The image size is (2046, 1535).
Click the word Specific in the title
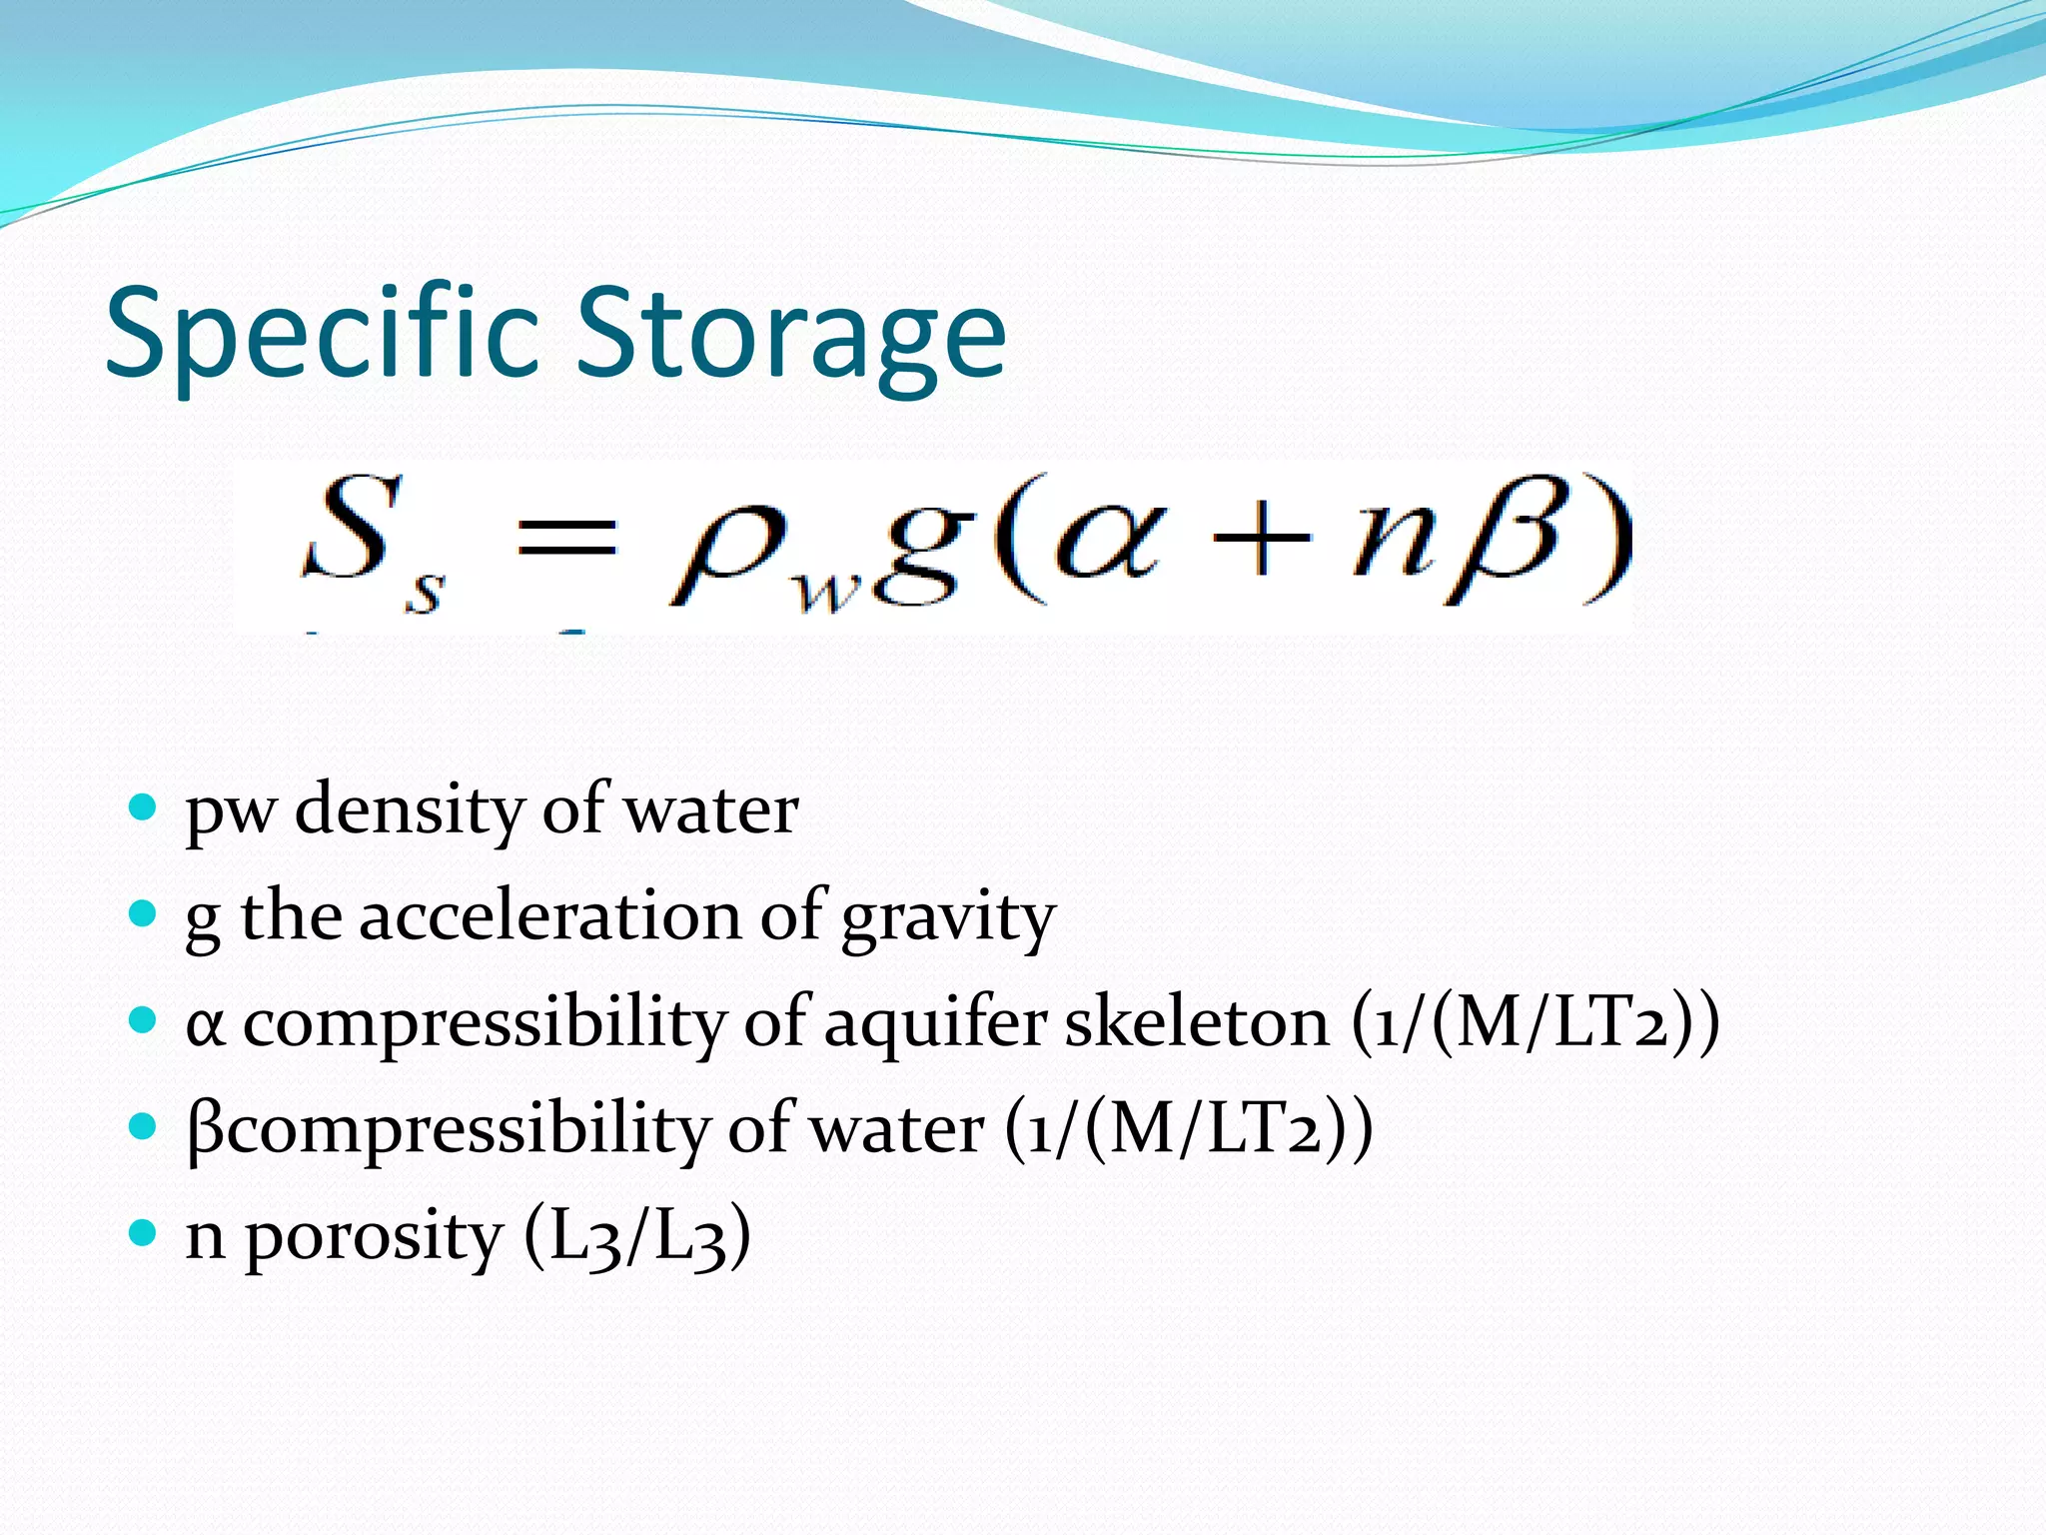[326, 333]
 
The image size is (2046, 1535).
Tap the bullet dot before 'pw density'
[144, 806]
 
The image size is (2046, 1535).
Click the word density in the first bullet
[409, 809]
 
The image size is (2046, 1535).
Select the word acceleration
[550, 915]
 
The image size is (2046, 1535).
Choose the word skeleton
[1197, 1022]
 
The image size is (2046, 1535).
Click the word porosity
[374, 1237]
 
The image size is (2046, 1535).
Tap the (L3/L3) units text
[637, 1237]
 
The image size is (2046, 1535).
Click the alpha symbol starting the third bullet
[205, 1026]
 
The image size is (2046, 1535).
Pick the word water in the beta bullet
[895, 1129]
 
